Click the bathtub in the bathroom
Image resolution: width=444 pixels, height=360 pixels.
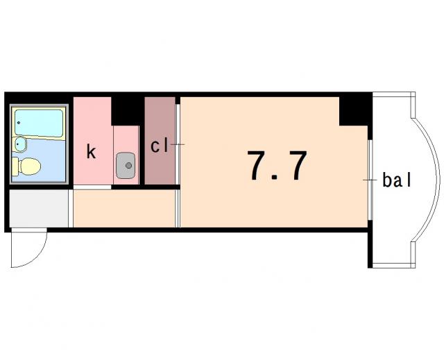tap(39, 123)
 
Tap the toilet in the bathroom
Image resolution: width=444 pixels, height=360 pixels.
tap(26, 166)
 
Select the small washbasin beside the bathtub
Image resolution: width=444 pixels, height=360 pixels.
tap(20, 144)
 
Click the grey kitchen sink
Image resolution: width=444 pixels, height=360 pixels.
tap(126, 166)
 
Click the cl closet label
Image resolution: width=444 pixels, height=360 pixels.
tap(160, 146)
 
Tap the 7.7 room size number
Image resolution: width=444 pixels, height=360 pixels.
tap(277, 165)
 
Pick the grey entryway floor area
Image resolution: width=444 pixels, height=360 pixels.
tap(39, 208)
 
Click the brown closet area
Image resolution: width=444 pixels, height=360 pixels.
tap(160, 140)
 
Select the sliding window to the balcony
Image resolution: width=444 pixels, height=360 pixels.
tap(370, 180)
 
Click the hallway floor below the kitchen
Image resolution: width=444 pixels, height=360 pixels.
tap(123, 208)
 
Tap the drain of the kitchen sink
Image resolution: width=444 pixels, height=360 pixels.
tap(129, 165)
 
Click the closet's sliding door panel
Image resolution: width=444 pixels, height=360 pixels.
tap(178, 144)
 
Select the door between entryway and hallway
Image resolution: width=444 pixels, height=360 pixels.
tap(71, 208)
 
